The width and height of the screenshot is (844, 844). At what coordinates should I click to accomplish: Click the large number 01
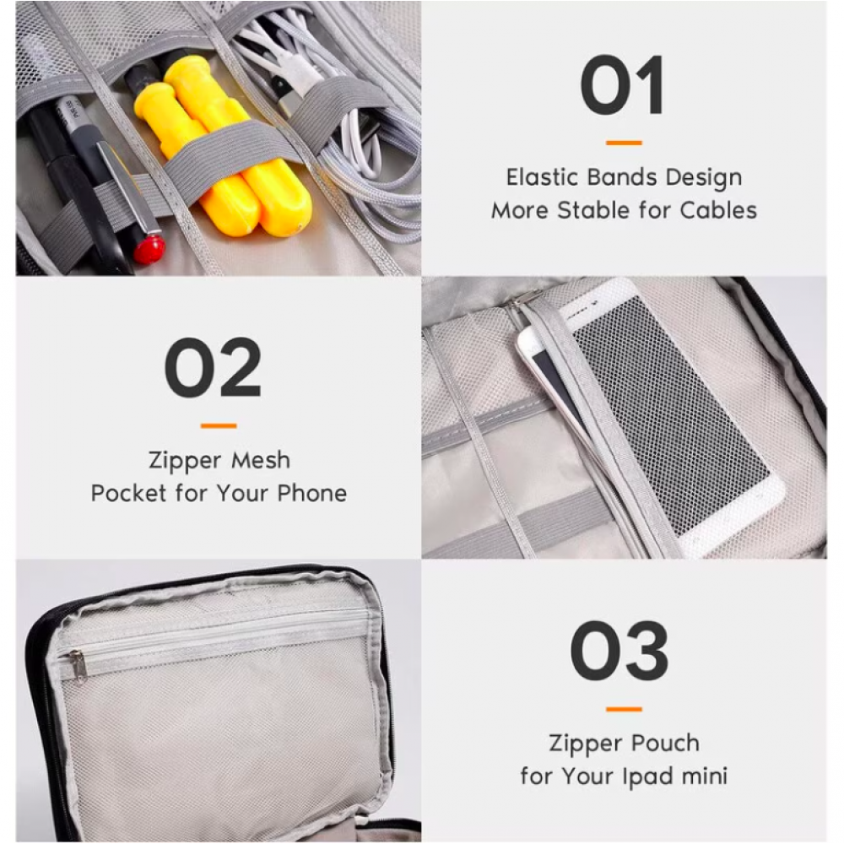pos(622,85)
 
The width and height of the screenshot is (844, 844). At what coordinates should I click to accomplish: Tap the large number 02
pos(213,368)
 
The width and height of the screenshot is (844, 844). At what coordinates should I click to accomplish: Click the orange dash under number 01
pos(624,143)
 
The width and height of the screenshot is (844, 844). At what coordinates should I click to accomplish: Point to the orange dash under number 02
pos(219,425)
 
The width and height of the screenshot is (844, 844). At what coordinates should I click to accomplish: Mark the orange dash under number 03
pos(624,709)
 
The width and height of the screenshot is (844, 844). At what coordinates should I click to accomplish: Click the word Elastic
pos(542,177)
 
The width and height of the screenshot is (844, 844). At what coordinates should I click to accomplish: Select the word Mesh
pos(261,460)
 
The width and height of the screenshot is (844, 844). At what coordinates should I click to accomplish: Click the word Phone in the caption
pos(311,493)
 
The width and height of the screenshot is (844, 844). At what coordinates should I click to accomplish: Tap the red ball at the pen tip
pos(149,249)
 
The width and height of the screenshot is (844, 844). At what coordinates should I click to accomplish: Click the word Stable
pos(593,210)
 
